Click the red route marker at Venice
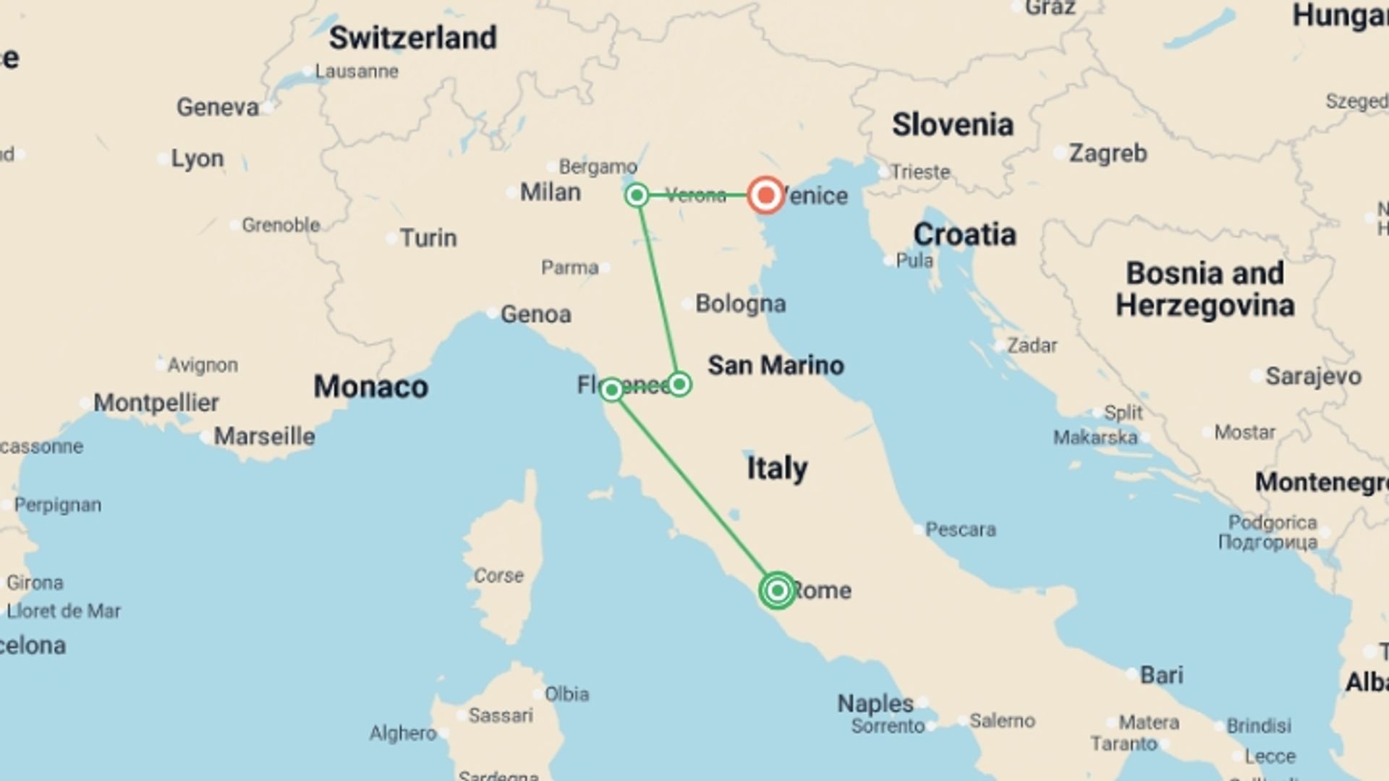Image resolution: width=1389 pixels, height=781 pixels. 765,195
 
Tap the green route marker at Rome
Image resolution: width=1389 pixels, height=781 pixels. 777,591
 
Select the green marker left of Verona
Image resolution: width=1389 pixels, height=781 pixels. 637,195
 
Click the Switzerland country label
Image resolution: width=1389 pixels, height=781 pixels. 412,38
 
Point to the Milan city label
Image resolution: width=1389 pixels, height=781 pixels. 550,192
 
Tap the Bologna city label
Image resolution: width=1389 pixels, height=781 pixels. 740,304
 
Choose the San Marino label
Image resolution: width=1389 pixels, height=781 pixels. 776,365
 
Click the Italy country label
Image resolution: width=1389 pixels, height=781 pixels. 777,469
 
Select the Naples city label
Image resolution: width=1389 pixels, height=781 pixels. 875,703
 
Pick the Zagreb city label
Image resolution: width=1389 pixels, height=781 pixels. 1108,153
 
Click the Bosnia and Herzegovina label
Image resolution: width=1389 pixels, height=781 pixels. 1205,289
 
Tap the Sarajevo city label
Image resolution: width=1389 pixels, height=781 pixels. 1313,376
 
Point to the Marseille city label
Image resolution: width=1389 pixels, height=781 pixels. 264,437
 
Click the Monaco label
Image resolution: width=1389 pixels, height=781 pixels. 370,387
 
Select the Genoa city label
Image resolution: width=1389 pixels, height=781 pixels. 535,315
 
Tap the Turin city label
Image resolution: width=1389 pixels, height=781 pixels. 428,238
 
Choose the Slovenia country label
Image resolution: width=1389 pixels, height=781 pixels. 952,124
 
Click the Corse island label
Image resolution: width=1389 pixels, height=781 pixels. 498,576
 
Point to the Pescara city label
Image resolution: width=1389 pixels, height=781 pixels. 960,529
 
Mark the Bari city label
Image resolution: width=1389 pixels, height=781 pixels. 1161,675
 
